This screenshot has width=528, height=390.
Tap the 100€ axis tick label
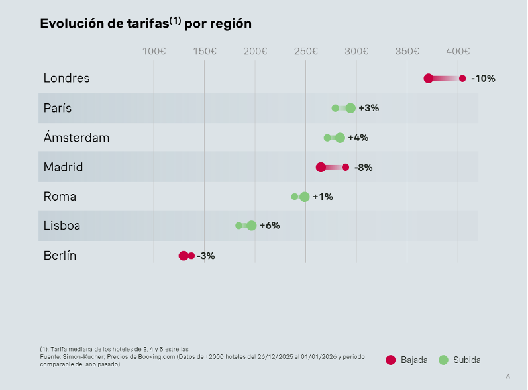[x=154, y=51]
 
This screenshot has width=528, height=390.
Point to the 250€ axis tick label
[x=305, y=51]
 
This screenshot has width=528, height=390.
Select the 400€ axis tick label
[x=458, y=51]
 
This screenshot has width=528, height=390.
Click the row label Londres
[x=66, y=78]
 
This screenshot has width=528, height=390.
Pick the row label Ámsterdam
[x=76, y=138]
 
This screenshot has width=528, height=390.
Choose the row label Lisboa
[x=62, y=226]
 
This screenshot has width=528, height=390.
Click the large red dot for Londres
[x=429, y=79]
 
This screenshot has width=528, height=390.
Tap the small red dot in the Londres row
[x=462, y=79]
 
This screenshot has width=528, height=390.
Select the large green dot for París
[x=350, y=108]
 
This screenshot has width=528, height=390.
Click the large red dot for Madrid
[x=321, y=167]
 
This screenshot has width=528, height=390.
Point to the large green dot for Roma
[x=304, y=197]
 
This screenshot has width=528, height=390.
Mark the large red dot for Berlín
[x=184, y=256]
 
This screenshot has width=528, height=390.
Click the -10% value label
[x=483, y=79]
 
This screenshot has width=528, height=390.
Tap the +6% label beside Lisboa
[x=270, y=226]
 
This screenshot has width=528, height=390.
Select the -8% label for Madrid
[x=363, y=168]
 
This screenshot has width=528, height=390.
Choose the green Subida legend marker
[x=443, y=360]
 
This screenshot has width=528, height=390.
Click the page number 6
[x=507, y=377]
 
